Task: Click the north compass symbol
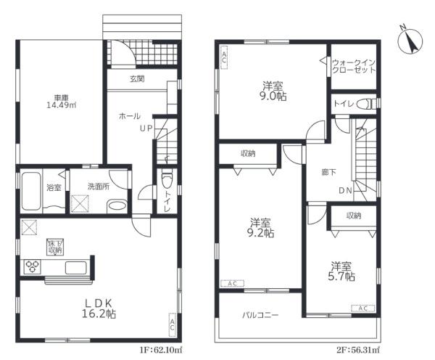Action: pyautogui.click(x=410, y=41)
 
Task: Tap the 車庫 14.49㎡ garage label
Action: pyautogui.click(x=62, y=102)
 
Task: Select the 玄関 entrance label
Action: pyautogui.click(x=137, y=79)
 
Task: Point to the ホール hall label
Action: pyautogui.click(x=130, y=116)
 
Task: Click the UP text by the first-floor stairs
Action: pyautogui.click(x=146, y=128)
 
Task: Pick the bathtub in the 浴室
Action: pyautogui.click(x=31, y=191)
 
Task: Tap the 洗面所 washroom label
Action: pyautogui.click(x=99, y=187)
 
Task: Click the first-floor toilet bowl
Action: pyautogui.click(x=167, y=180)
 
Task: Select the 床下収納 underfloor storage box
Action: pyautogui.click(x=55, y=247)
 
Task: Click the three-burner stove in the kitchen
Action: pyautogui.click(x=33, y=267)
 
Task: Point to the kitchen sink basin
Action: pyautogui.click(x=75, y=268)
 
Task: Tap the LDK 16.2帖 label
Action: pyautogui.click(x=99, y=308)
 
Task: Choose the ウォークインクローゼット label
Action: pyautogui.click(x=354, y=66)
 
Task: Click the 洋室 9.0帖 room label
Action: pyautogui.click(x=273, y=91)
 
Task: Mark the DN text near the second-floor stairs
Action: pyautogui.click(x=345, y=191)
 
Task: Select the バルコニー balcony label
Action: pyautogui.click(x=260, y=315)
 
